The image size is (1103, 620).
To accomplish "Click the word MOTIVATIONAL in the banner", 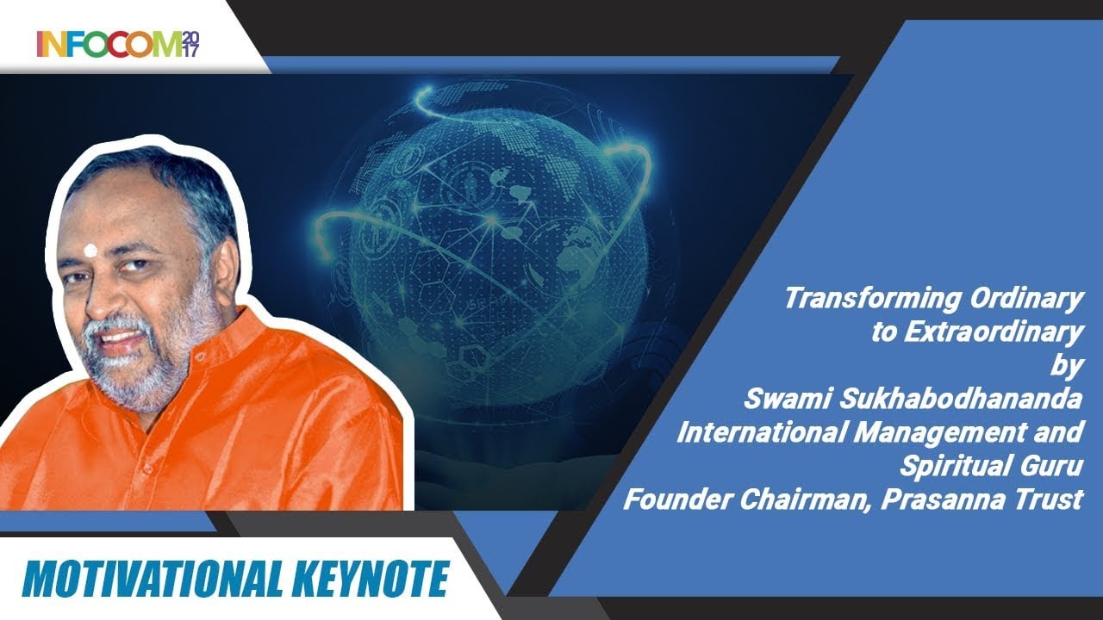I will pyautogui.click(x=146, y=579).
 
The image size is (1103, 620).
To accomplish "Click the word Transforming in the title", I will pyautogui.click(x=872, y=299).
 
